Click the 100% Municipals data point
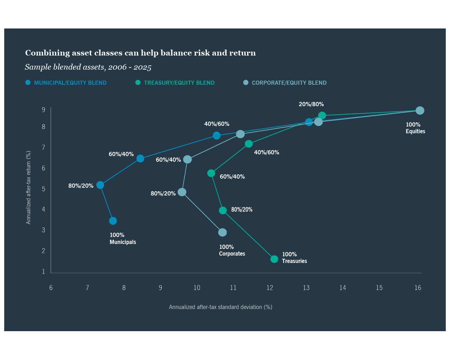pos(113,221)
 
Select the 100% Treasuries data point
pos(274,259)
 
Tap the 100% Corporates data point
pos(222,232)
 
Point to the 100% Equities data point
pos(420,110)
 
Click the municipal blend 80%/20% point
pos(100,185)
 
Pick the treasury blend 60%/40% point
pos(211,173)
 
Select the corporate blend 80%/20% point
pos(182,192)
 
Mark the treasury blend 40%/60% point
pos(249,144)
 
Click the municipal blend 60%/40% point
pos(140,159)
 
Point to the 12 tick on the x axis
pos(270,288)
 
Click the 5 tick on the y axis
pos(44,189)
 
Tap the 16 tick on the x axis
pos(418,288)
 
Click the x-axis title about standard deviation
pos(220,307)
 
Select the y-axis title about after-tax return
pos(28,187)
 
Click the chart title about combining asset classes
pos(140,53)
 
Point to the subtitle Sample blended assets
pos(88,67)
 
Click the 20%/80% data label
pos(311,104)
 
